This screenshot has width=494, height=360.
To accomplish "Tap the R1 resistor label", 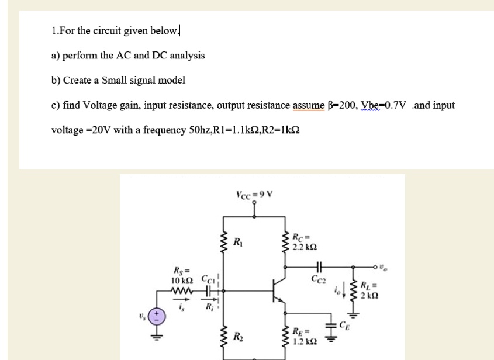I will [237, 241].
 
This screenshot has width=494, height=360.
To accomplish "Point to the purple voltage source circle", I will [157, 318].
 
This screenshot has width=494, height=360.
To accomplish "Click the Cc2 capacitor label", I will [319, 280].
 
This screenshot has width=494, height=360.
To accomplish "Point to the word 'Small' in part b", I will [113, 80].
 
